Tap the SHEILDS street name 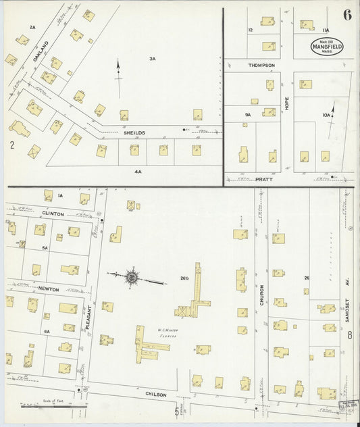134,133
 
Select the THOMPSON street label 261,65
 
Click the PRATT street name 264,180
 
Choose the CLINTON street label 53,214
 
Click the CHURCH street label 261,295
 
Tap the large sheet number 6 346,16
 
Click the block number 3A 153,59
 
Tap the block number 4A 138,172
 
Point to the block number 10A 326,116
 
